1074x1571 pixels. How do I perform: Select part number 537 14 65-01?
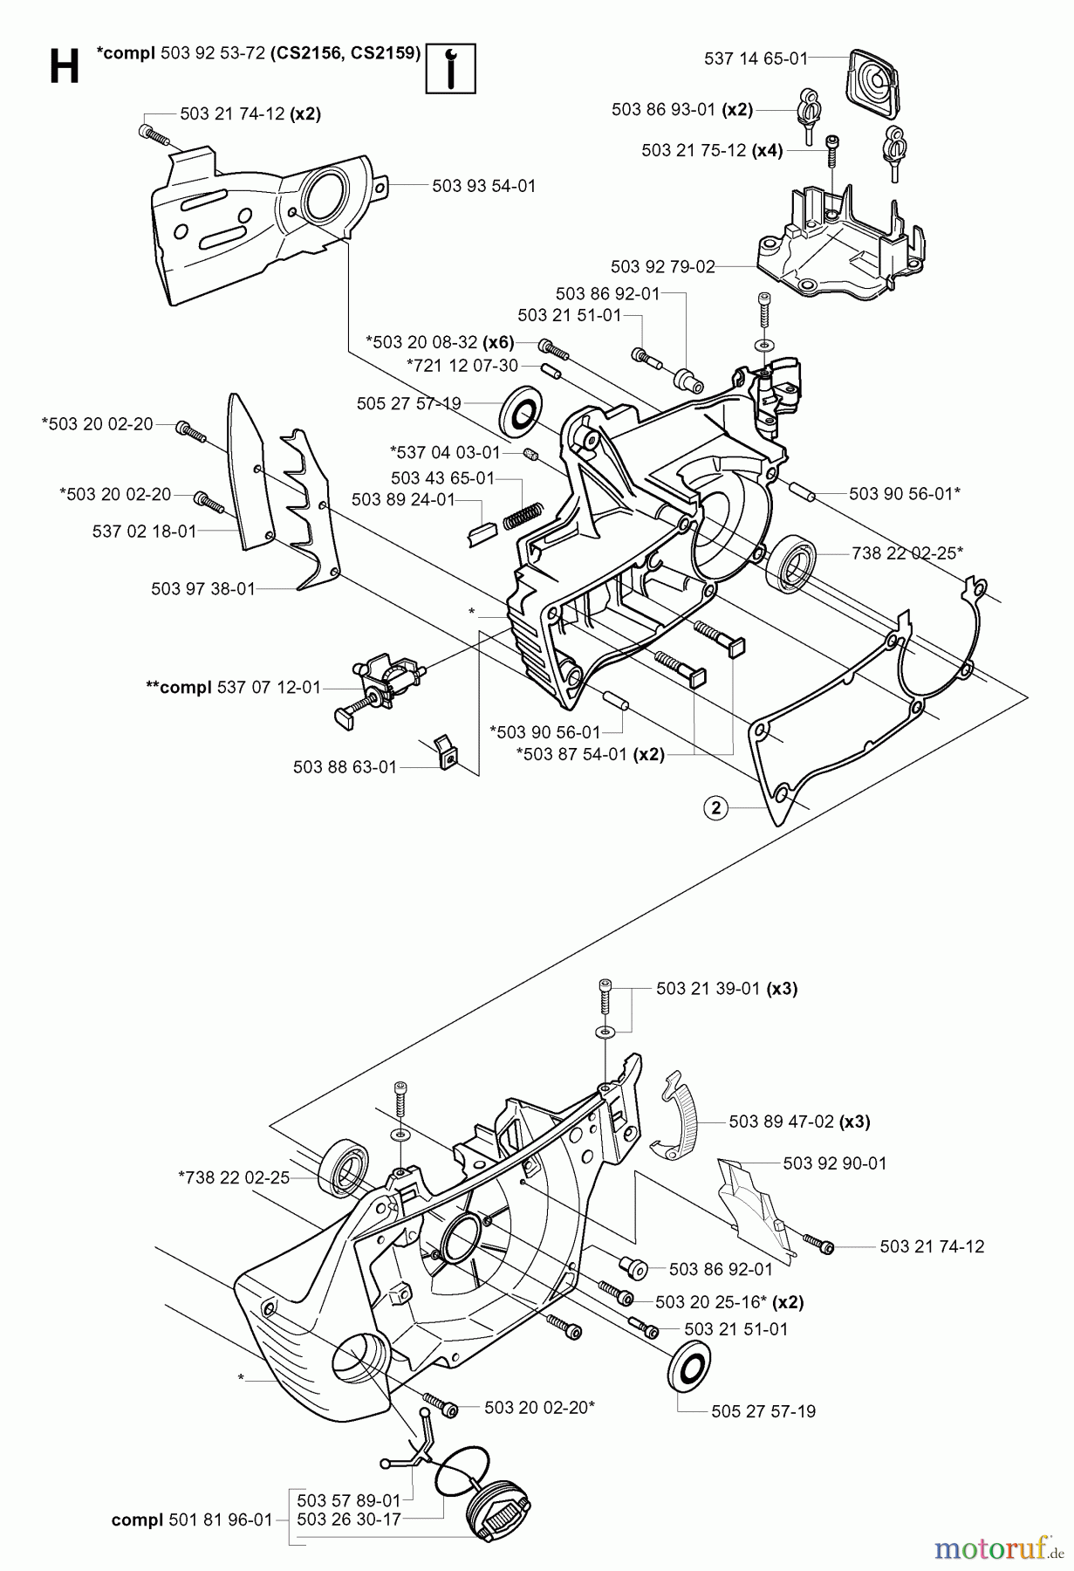pos(755,58)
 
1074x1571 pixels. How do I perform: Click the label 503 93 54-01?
pos(483,186)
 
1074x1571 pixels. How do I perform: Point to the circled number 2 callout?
pos(715,808)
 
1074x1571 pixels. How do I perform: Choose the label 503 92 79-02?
pos(663,266)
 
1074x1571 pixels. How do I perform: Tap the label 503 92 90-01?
pos(834,1163)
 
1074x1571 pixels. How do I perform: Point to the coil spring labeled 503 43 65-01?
pos(523,515)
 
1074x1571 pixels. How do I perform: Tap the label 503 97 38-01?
pos(203,589)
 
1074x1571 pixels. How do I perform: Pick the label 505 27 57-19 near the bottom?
pos(763,1410)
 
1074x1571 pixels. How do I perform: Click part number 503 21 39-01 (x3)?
pos(727,989)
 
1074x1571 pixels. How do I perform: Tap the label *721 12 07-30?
pos(462,365)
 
